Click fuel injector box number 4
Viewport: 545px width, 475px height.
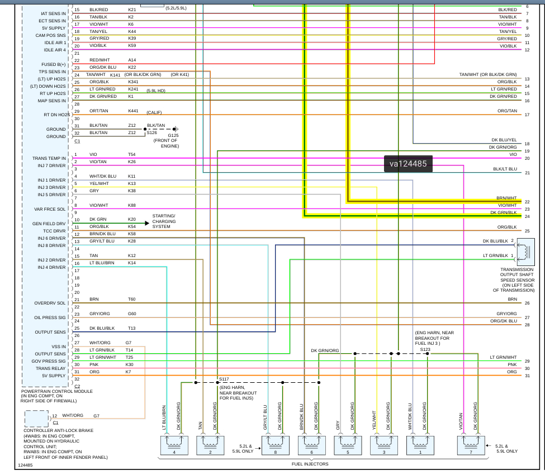174,445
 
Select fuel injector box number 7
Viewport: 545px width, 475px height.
471,445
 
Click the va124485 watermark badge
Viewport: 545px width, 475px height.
408,164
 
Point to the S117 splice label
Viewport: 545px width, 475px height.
224,378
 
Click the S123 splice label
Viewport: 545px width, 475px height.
425,349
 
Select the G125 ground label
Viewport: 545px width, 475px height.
173,135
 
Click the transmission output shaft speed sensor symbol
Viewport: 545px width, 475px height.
525,252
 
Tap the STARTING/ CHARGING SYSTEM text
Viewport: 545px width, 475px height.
164,222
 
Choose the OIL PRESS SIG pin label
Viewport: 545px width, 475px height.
50,317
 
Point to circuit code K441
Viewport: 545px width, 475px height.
133,111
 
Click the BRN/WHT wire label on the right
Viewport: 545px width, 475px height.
506,198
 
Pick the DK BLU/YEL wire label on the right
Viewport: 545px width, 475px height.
504,140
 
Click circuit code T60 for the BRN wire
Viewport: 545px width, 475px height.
132,299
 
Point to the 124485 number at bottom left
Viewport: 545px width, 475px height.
25,465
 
